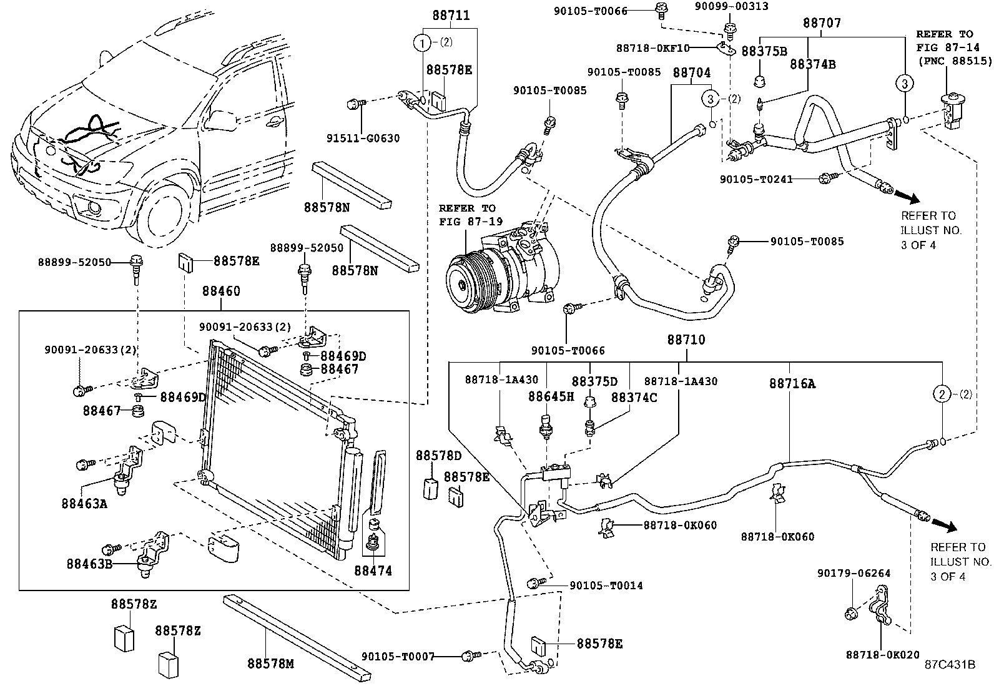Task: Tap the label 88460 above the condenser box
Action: tap(221, 292)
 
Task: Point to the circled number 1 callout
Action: tap(423, 43)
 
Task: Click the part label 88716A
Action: tap(792, 384)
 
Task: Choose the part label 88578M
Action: tap(270, 664)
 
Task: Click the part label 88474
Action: tap(373, 571)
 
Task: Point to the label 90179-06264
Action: tap(854, 573)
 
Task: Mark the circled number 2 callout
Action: tap(942, 394)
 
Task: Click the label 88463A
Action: tap(85, 502)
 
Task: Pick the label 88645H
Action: tap(551, 396)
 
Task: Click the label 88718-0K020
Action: tap(883, 654)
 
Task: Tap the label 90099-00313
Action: tap(732, 7)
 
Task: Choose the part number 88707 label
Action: tap(822, 23)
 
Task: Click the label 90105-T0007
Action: tap(397, 657)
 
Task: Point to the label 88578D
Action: tap(430, 456)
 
